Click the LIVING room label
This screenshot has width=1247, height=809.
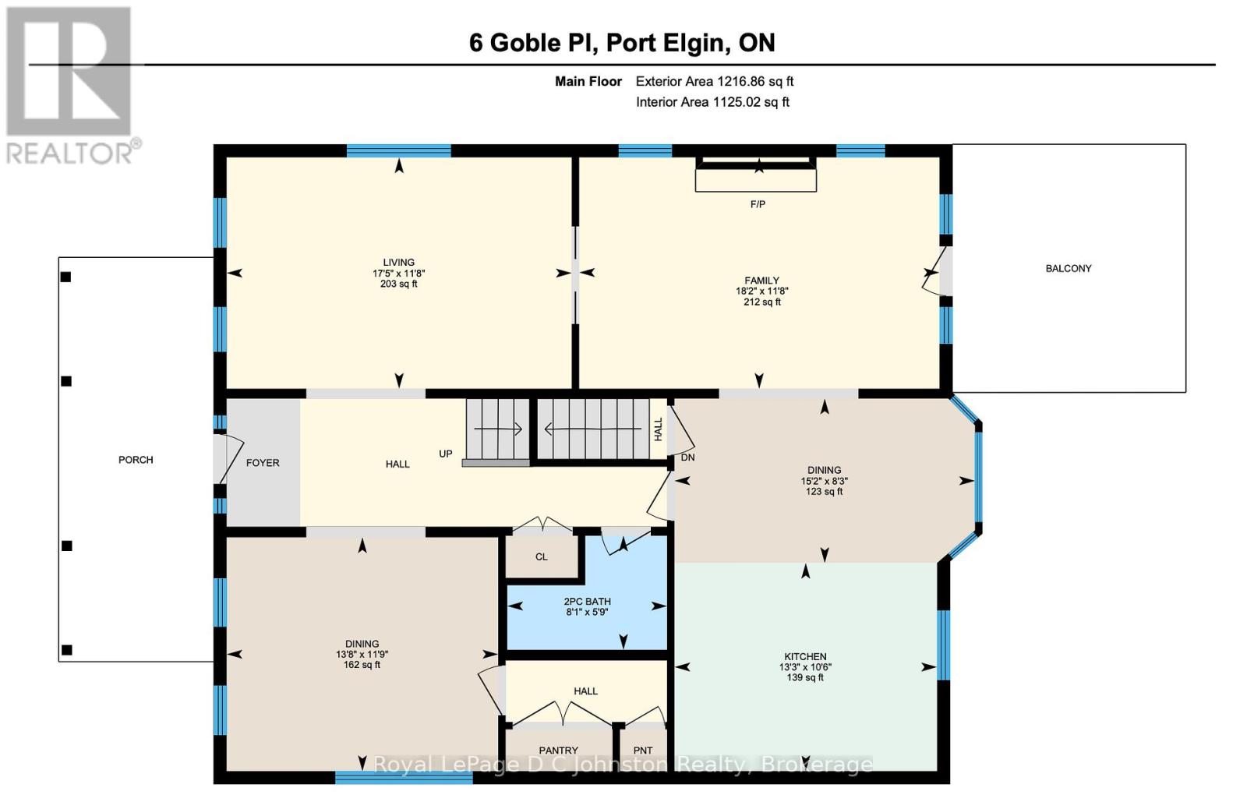[398, 262]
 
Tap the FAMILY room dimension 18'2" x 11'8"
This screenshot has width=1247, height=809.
[761, 291]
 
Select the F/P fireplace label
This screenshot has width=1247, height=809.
[757, 204]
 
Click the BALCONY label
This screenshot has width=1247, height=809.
[1068, 268]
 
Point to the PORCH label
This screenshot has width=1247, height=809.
[136, 460]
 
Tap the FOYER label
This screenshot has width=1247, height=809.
[263, 463]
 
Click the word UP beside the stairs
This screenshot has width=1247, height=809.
[445, 454]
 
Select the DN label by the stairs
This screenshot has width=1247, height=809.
[687, 457]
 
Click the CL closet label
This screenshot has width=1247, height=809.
[541, 556]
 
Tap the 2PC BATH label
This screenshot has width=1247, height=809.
[587, 602]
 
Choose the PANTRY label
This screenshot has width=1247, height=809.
[558, 751]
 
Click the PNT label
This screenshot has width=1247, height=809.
[642, 751]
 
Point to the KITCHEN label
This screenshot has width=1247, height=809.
[805, 657]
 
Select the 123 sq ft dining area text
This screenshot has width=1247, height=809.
[824, 492]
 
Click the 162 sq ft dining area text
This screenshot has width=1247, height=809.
[362, 665]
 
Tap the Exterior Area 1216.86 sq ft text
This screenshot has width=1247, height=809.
[714, 81]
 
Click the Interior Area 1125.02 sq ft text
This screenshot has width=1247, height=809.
[712, 102]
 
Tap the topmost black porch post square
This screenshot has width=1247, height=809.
[66, 277]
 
